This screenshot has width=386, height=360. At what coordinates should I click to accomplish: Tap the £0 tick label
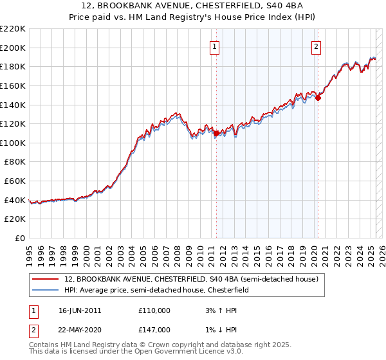coord(20,239)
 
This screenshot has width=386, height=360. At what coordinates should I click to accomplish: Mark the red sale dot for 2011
coord(216,133)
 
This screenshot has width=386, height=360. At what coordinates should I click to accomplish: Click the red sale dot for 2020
coord(318,98)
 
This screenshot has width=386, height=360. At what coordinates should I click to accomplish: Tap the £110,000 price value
coord(155,310)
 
